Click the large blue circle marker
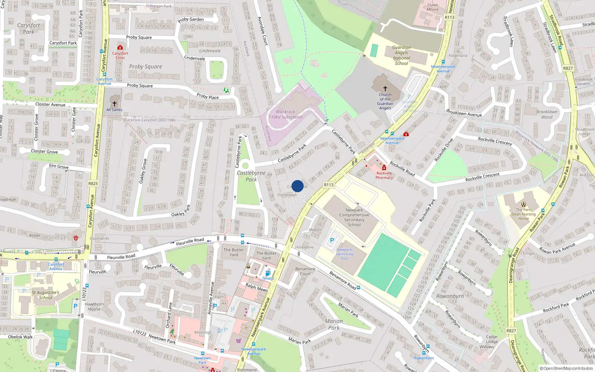pyautogui.click(x=297, y=186)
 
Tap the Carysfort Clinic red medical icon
pyautogui.click(x=120, y=48)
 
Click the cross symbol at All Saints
pyautogui.click(x=115, y=104)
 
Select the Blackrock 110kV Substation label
pyautogui.click(x=286, y=114)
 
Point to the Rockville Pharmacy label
pyautogui.click(x=384, y=175)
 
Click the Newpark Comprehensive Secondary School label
pyautogui.click(x=354, y=217)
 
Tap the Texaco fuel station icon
pyautogui.click(x=268, y=273)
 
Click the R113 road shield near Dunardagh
pyautogui.click(x=329, y=185)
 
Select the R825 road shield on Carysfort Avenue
pyautogui.click(x=93, y=183)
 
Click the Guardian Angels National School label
pyautogui.click(x=402, y=55)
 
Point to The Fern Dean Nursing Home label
pyautogui.click(x=523, y=214)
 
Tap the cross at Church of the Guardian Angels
pyautogui.click(x=385, y=89)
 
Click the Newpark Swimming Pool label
pyautogui.click(x=345, y=254)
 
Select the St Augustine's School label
pyautogui.click(x=45, y=295)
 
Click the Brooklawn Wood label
pyautogui.click(x=547, y=114)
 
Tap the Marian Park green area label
pyautogui.click(x=334, y=324)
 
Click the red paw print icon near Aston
pyautogui.click(x=76, y=238)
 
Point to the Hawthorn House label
pyautogui.click(x=94, y=307)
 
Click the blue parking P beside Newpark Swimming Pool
pyautogui.click(x=332, y=241)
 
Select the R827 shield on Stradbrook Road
pyautogui.click(x=568, y=68)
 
